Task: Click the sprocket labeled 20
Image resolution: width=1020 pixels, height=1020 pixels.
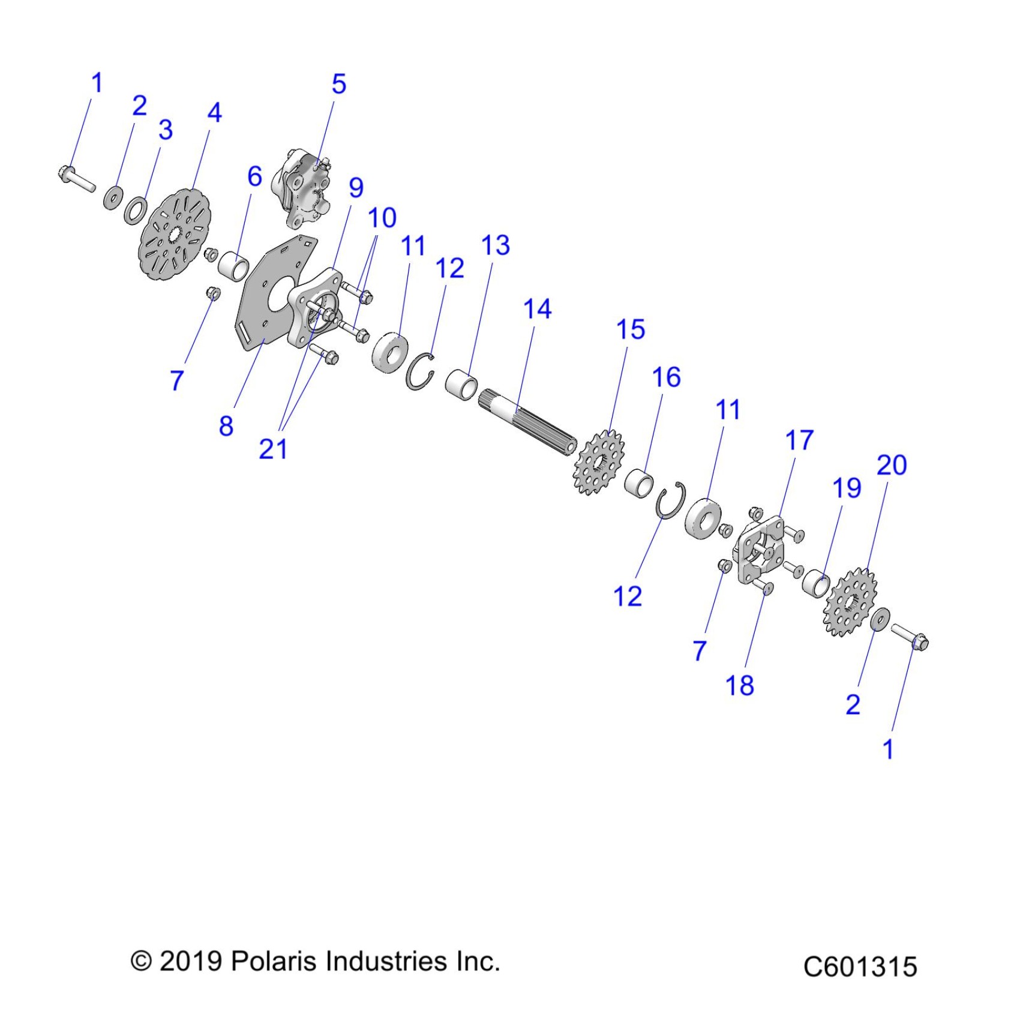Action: (x=850, y=602)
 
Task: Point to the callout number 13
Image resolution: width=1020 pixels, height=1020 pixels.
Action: (x=496, y=245)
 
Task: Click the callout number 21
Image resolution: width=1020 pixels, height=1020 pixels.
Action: (x=273, y=449)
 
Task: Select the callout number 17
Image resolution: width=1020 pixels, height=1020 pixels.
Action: (x=799, y=440)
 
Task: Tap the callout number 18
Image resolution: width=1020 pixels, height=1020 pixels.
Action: (x=739, y=685)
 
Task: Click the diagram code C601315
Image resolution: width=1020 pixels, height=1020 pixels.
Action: (x=860, y=967)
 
